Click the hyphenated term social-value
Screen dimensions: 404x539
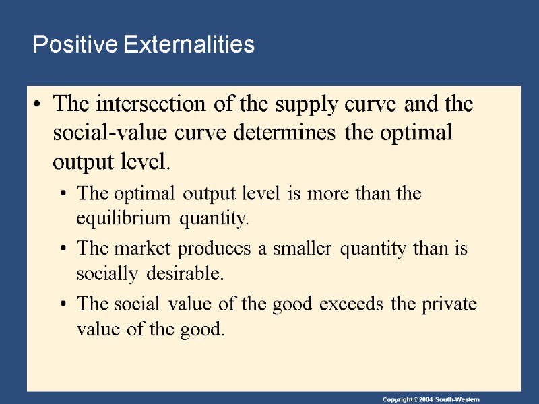click(x=106, y=133)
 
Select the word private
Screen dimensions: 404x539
click(x=448, y=304)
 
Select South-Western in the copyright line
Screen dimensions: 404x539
click(x=457, y=400)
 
